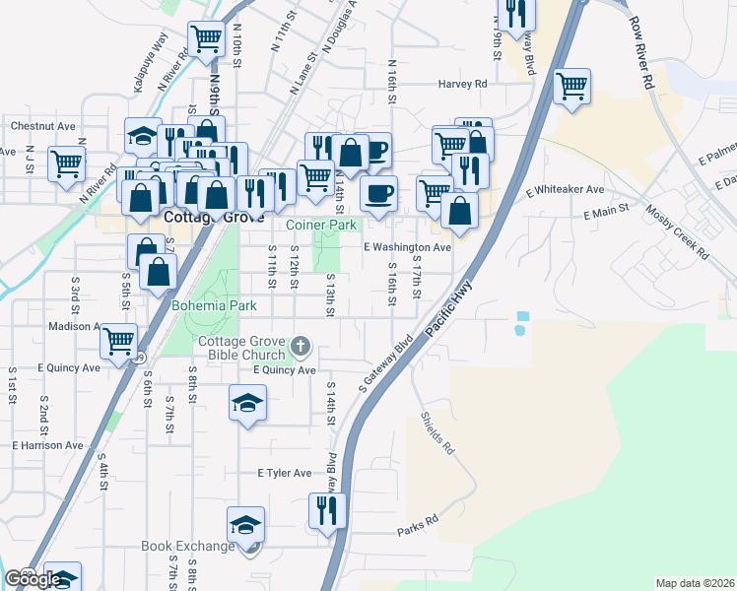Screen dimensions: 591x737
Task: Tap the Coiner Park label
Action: (x=321, y=226)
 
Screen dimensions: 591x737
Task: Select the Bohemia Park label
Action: (x=214, y=306)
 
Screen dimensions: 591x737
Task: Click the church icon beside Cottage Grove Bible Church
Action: (x=301, y=348)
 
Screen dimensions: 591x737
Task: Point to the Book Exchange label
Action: (x=187, y=546)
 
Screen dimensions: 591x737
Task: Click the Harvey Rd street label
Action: (x=463, y=85)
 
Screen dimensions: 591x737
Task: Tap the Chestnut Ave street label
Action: (x=43, y=126)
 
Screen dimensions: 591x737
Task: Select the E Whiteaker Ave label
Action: (x=565, y=189)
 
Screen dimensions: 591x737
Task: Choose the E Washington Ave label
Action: (x=407, y=247)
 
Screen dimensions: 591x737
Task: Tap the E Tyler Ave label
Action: (x=284, y=474)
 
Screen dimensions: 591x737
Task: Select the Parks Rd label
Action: (x=417, y=526)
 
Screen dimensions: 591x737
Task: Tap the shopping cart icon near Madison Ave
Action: (x=118, y=341)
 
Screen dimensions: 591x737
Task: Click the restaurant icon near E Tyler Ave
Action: (x=327, y=510)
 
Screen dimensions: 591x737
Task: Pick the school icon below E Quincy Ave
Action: (x=247, y=402)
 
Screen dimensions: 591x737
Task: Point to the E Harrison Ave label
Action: (x=48, y=445)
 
